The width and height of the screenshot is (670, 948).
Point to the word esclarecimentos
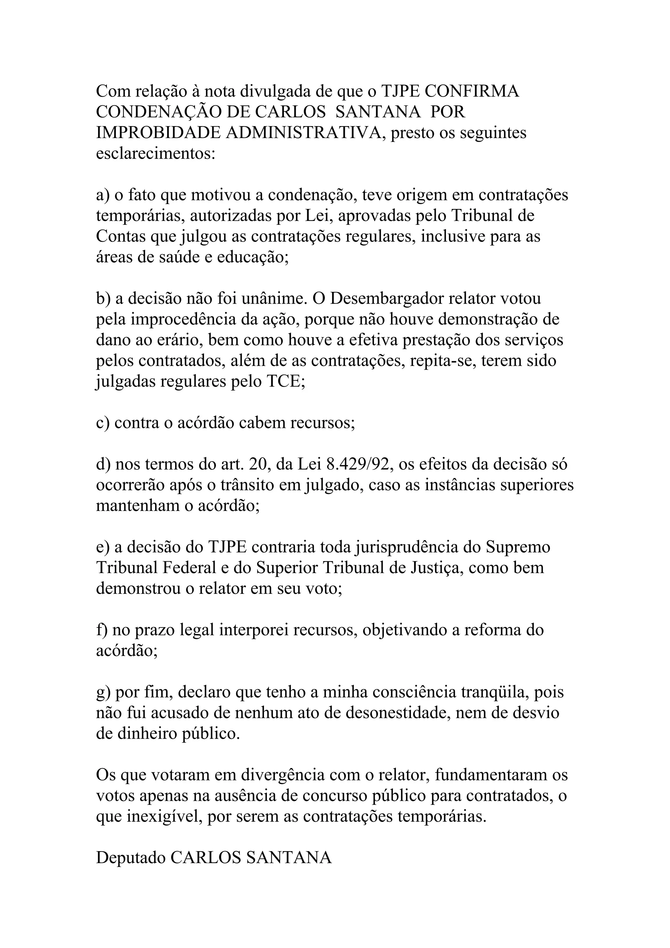(x=156, y=154)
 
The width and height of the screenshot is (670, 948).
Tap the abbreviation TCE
(x=284, y=381)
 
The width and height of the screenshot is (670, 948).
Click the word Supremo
(x=518, y=548)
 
